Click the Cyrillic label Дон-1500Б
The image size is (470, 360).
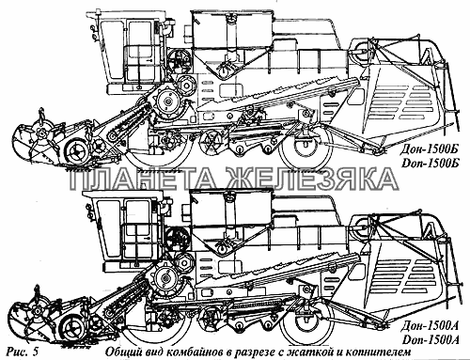(x=428, y=150)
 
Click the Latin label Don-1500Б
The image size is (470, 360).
(x=430, y=164)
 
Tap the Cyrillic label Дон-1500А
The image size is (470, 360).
(x=429, y=326)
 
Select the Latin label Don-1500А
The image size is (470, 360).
(x=430, y=339)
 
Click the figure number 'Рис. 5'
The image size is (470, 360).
(x=23, y=352)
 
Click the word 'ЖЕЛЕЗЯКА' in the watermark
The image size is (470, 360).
(x=312, y=179)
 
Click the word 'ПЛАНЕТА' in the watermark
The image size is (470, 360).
(x=145, y=179)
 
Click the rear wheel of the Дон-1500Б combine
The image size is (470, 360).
(x=305, y=148)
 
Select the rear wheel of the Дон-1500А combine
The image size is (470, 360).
(x=306, y=322)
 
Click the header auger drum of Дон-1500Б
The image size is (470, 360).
(x=76, y=152)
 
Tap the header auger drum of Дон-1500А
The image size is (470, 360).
(x=72, y=327)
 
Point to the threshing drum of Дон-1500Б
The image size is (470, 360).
(x=168, y=102)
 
